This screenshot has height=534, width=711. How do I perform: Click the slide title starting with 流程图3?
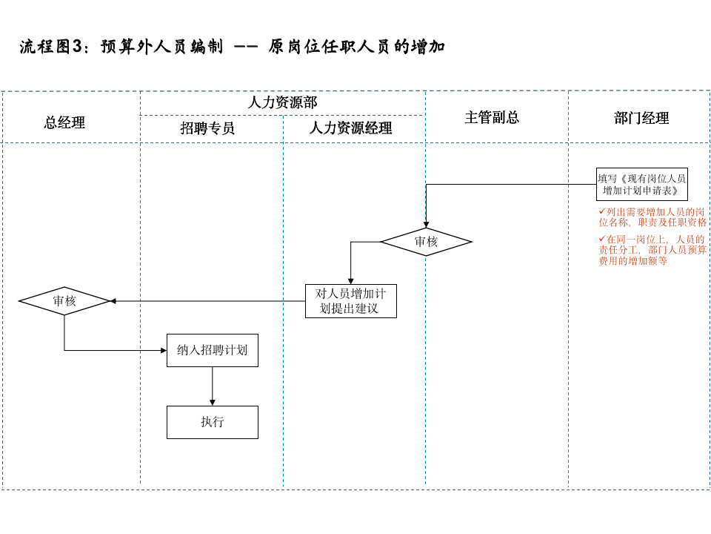[x=233, y=47]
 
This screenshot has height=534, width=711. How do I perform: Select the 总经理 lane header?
[x=64, y=123]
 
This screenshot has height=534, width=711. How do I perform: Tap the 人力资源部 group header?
[x=282, y=102]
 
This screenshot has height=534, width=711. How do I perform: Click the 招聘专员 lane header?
[x=207, y=128]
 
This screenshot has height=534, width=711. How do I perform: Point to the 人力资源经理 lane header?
[x=350, y=128]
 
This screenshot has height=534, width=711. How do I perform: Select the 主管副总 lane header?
[x=492, y=117]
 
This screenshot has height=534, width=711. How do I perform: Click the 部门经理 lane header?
[x=641, y=118]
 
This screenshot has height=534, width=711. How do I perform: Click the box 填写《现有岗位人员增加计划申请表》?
[x=641, y=184]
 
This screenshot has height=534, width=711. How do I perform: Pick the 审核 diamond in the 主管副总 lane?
[x=426, y=242]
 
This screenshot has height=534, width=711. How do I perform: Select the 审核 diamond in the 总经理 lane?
[x=64, y=301]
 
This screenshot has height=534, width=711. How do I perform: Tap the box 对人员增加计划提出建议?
[x=350, y=301]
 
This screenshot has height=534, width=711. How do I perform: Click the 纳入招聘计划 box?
[x=213, y=350]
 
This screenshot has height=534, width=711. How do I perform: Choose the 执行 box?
[x=213, y=422]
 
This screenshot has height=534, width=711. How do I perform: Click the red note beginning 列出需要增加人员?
[x=652, y=217]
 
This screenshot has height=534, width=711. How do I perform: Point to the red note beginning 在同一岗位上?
[x=652, y=250]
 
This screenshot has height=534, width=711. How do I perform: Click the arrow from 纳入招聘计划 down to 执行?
[x=213, y=386]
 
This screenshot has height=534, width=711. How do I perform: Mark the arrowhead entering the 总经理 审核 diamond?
[x=113, y=301]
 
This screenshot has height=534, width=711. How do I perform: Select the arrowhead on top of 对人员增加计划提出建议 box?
[x=350, y=280]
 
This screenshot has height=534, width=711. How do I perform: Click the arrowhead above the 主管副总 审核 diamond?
[x=426, y=224]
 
